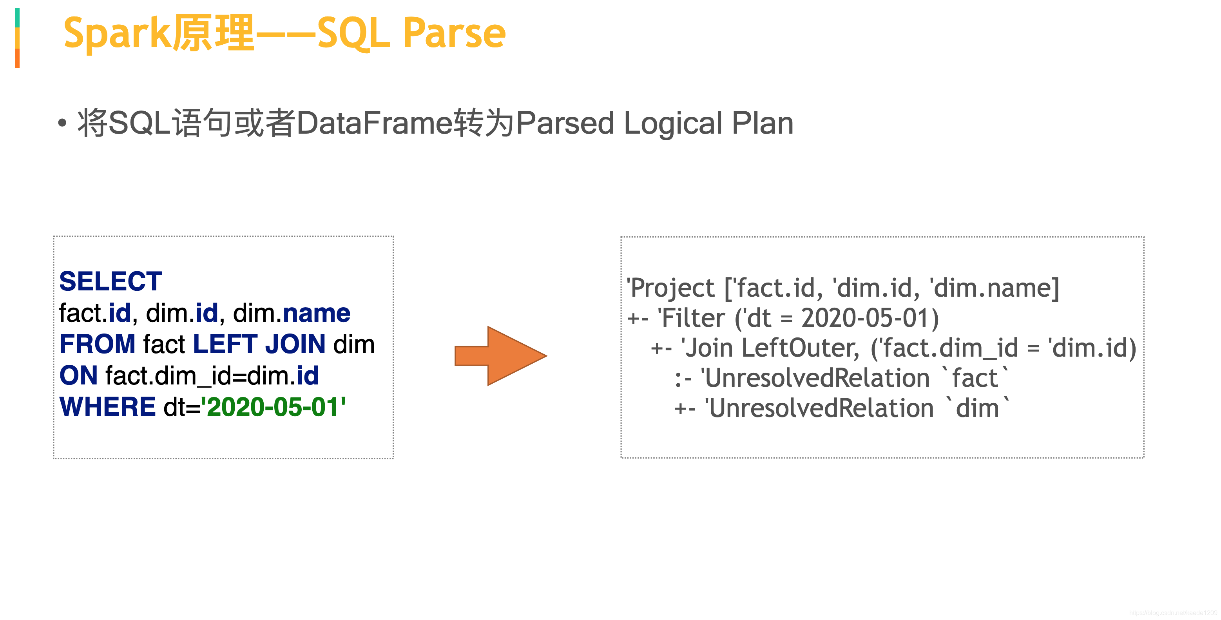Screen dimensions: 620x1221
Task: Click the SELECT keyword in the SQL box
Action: point(111,281)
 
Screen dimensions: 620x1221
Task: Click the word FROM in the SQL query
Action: point(97,344)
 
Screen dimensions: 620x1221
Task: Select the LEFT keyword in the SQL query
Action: point(225,344)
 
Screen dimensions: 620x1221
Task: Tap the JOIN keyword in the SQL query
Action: point(295,344)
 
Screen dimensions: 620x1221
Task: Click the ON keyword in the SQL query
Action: point(79,375)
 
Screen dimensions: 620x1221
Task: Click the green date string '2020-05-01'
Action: point(274,407)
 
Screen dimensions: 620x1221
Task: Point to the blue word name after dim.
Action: point(316,313)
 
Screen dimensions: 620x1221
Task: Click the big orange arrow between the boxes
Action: point(500,355)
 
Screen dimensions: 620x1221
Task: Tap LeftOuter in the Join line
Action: point(801,348)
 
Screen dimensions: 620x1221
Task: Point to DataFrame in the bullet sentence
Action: point(375,123)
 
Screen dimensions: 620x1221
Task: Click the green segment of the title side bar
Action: point(17,18)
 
